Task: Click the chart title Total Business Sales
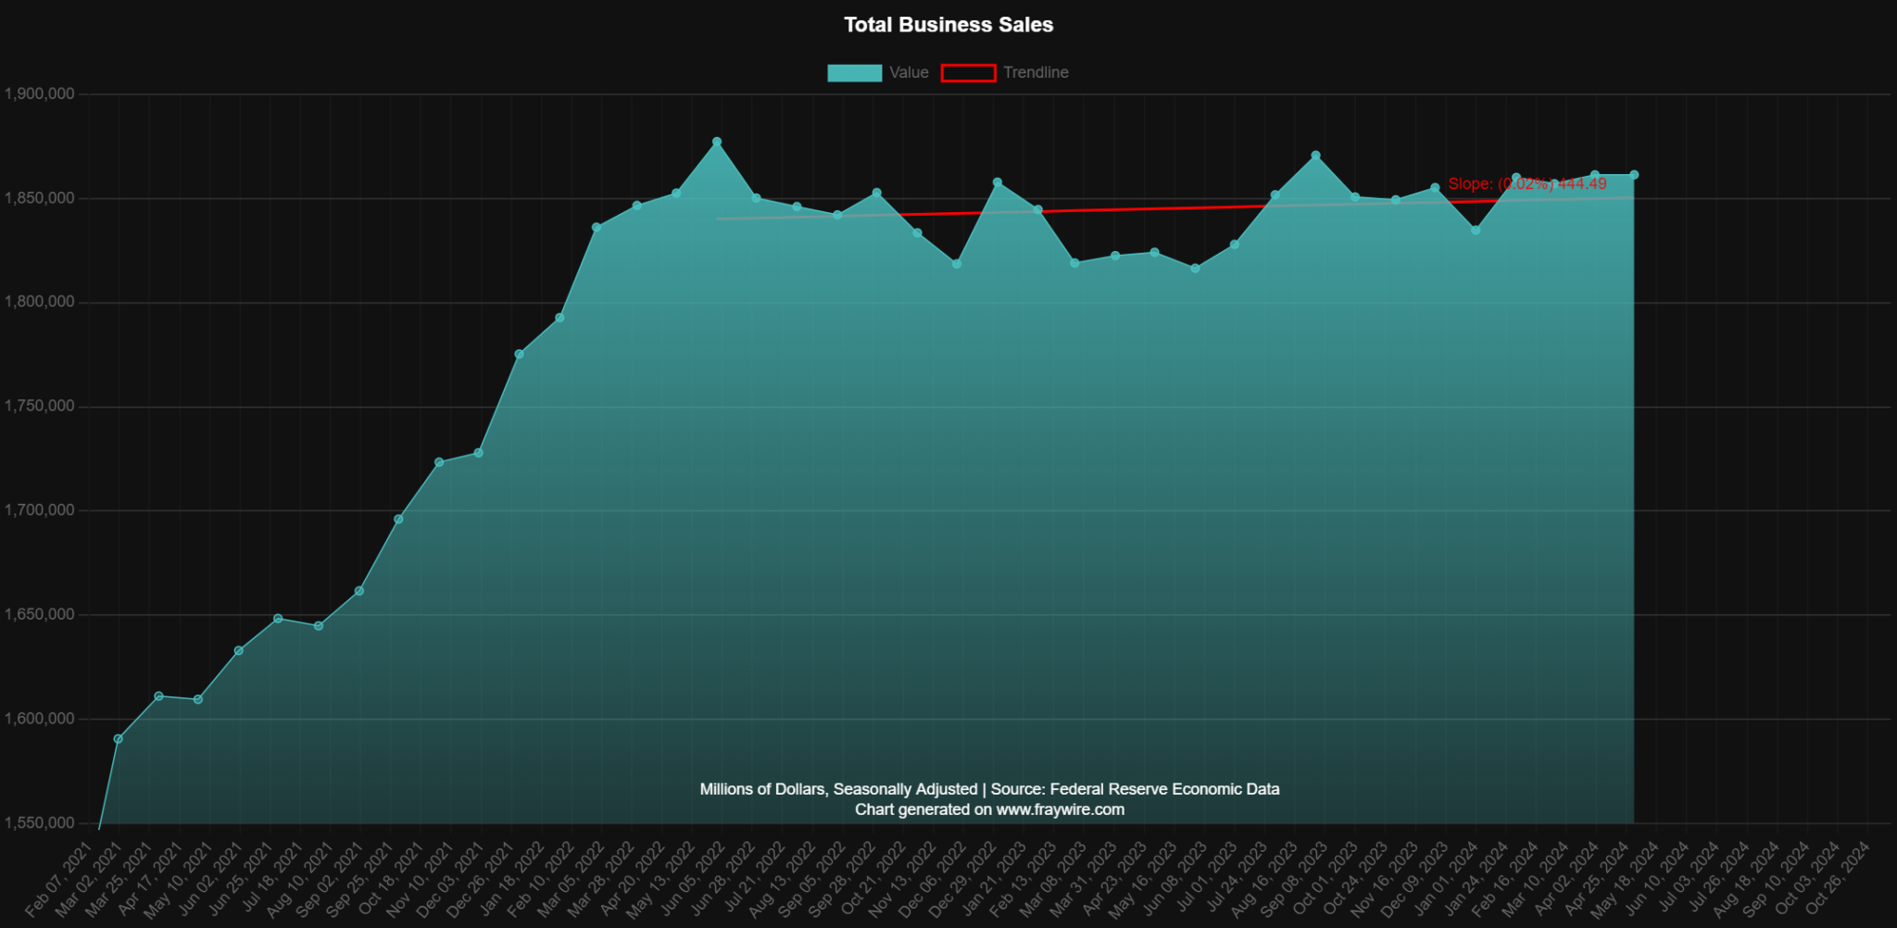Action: [948, 25]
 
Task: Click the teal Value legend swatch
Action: [854, 73]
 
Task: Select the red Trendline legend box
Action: [968, 73]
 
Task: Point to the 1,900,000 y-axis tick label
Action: [39, 94]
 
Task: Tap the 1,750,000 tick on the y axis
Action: [39, 407]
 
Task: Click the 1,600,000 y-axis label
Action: [39, 719]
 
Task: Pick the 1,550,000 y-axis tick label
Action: [39, 823]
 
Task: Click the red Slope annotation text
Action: [1526, 184]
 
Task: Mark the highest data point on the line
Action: [717, 142]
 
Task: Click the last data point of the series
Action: [1634, 175]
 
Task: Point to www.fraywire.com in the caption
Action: [1060, 809]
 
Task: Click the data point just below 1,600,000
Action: [118, 739]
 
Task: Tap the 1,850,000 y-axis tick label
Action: [39, 198]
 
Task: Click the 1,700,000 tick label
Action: [39, 510]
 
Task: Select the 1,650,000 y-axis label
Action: [39, 615]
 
